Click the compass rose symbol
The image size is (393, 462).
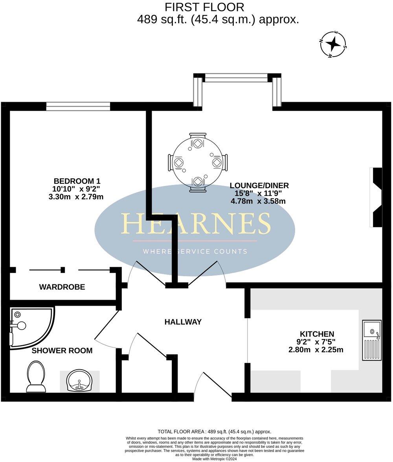coord(334,44)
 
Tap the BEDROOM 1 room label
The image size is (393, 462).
coord(77,181)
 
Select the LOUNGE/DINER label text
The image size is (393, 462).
coord(259,185)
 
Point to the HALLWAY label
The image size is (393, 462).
coord(183,322)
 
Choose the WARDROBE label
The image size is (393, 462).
coord(62,287)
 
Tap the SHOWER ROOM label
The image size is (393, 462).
coord(62,350)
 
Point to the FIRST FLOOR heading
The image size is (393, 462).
coord(204,7)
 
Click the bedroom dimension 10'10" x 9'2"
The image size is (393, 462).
coord(77,189)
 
